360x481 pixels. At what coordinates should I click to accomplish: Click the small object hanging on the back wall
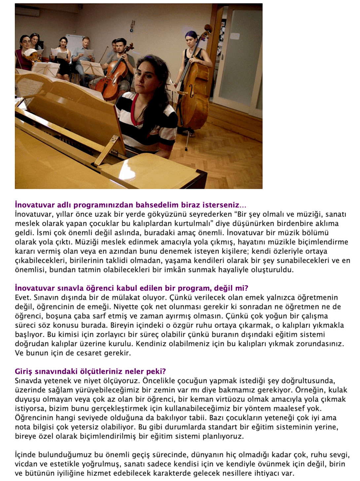(x=132, y=26)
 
